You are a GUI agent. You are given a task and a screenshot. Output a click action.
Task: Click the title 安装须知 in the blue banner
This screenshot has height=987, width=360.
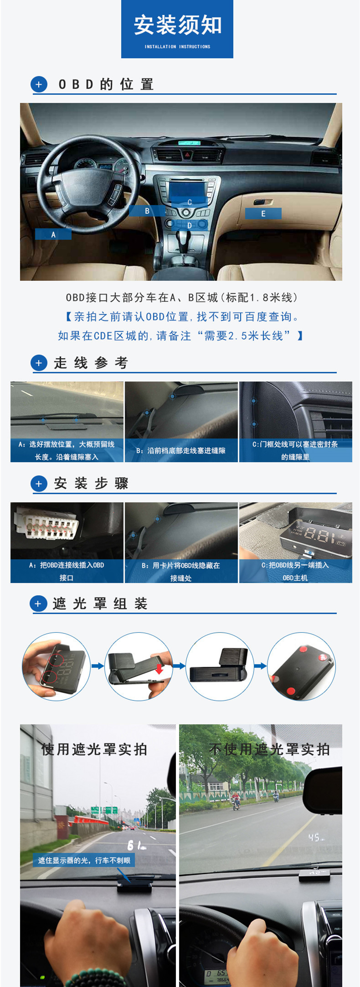177,25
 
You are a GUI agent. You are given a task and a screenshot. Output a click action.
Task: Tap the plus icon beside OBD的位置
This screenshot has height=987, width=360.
39,84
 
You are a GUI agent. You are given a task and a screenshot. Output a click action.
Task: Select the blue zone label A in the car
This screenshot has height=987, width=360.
53,234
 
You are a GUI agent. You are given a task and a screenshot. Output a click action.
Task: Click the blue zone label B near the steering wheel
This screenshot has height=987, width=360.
147,211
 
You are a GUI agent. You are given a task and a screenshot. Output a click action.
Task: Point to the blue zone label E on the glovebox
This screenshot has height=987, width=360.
263,214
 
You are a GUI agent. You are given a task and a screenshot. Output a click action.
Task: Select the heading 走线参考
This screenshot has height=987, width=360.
91,363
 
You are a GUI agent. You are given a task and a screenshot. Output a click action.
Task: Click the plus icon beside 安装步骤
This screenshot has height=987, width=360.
39,484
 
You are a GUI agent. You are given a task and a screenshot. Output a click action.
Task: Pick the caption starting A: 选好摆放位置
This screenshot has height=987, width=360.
67,450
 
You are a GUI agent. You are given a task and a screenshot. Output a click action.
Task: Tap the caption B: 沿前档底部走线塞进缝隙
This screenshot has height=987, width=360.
181,450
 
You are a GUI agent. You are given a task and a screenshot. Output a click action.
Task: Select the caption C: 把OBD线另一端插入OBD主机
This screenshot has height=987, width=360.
295,571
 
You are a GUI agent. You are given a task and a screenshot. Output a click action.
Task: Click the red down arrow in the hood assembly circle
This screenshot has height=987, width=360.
159,669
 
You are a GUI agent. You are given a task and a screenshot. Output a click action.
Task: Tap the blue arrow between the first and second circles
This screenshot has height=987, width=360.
98,666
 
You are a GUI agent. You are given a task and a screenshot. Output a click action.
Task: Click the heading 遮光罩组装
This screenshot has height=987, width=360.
100,604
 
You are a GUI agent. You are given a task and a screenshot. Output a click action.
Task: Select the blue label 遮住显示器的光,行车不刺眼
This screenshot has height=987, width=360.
84,860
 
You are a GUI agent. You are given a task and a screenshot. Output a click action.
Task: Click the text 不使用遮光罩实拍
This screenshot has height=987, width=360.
269,749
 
